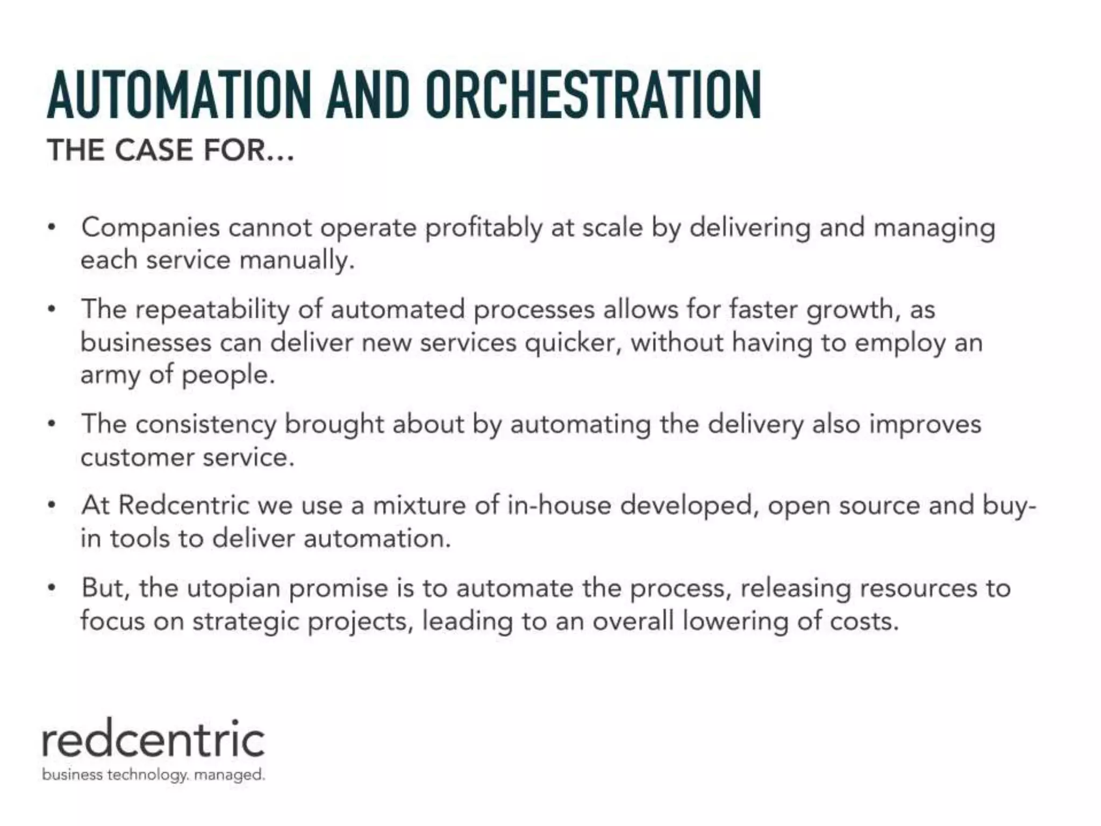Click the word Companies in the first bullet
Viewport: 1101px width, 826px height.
[x=151, y=228]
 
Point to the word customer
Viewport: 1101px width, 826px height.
[x=137, y=458]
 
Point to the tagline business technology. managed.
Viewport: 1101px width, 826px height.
[x=153, y=775]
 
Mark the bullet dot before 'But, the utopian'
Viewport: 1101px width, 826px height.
[x=52, y=588]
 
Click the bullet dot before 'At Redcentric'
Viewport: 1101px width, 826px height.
[x=52, y=505]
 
